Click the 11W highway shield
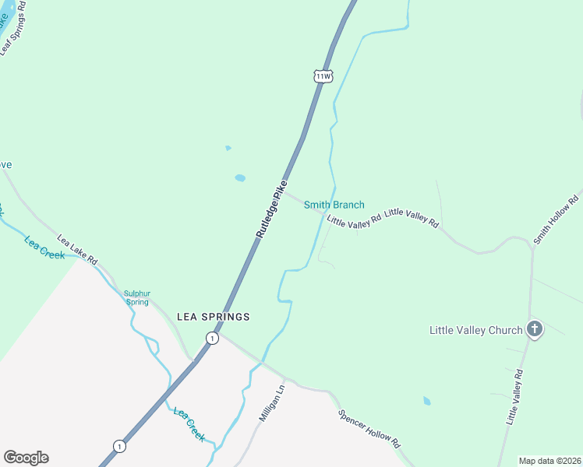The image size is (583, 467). click(x=323, y=75)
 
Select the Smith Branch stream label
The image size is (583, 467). click(x=334, y=205)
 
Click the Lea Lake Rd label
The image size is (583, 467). click(x=76, y=249)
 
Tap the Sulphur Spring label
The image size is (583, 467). click(x=136, y=297)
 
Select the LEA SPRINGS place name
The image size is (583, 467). click(x=214, y=317)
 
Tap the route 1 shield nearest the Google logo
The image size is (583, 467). click(x=118, y=446)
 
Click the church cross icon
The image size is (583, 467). click(x=535, y=328)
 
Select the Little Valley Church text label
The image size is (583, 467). click(x=475, y=330)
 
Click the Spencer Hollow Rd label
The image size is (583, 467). click(x=369, y=428)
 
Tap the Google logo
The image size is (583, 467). click(x=26, y=458)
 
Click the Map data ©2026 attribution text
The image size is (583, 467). click(x=549, y=461)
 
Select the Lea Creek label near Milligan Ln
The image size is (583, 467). click(x=189, y=424)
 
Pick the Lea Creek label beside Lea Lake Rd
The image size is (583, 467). click(x=45, y=248)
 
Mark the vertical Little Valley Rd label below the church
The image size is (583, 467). click(x=514, y=396)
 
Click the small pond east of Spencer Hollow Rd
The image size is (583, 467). click(x=426, y=401)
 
